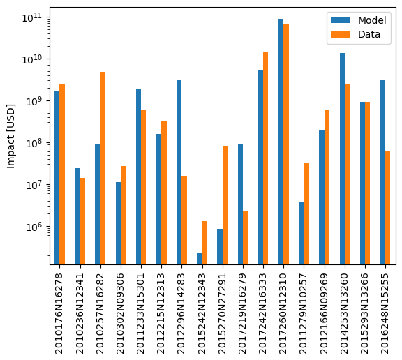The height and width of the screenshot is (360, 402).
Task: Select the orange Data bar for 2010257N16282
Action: tap(103, 168)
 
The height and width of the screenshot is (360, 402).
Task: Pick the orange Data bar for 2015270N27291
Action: tap(225, 205)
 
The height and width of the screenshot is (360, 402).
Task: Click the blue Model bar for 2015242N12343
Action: tap(200, 259)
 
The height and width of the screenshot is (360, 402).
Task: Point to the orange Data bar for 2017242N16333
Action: tap(265, 158)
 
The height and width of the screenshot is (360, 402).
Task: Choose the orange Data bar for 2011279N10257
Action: tap(306, 213)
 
